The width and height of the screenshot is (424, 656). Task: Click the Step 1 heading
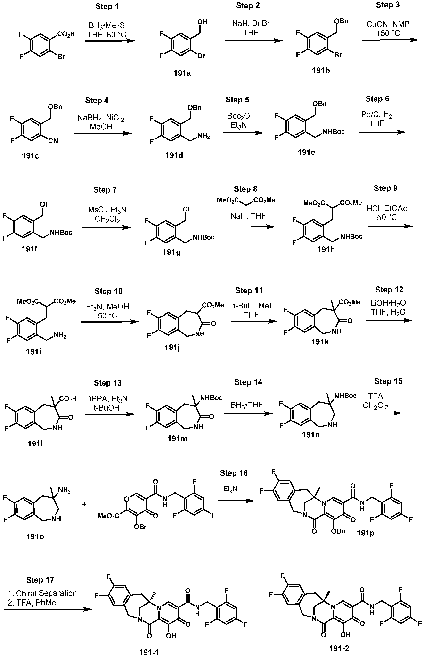pos(107,7)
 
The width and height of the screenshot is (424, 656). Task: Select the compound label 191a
pos(182,73)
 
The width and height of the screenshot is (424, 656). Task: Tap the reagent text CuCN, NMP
pos(388,24)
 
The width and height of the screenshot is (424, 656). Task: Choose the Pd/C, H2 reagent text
pos(377,114)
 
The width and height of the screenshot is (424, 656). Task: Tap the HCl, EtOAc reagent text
pos(387,208)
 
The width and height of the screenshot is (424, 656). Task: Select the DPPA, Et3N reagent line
pos(107,399)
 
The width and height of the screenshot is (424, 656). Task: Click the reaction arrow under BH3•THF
pos(248,413)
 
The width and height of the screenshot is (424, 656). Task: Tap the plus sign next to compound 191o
pos(84,504)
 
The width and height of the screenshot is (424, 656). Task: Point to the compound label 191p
pos(365,533)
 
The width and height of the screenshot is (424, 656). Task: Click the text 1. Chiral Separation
pos(42,593)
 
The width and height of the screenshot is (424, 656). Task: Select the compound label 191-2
pos(339,648)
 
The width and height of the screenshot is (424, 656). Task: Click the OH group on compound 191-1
pos(171,636)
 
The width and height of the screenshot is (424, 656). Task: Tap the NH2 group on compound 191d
pos(204,137)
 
